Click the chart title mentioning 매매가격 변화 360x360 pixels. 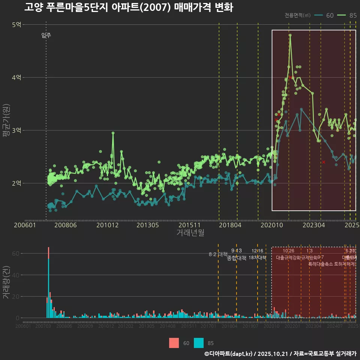pos(129,7)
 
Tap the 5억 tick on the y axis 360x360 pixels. pos(16,25)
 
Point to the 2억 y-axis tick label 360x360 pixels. pos(16,183)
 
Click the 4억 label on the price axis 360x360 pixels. pos(16,78)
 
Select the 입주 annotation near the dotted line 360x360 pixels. pos(46,36)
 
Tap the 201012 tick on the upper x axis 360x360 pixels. pos(107,225)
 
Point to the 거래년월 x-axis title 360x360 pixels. pos(190,232)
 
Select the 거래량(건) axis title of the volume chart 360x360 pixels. pos(6,282)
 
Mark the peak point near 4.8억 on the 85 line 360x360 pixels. pos(290,35)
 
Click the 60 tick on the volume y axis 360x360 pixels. pos(16,253)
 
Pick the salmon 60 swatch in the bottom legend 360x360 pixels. pos(174,343)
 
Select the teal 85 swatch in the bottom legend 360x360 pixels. pos(199,343)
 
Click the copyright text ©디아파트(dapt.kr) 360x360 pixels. pos(229,354)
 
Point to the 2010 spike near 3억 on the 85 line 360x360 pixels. pos(113,133)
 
